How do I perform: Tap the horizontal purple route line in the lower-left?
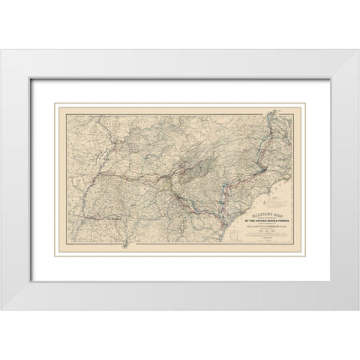(x=97, y=218)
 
